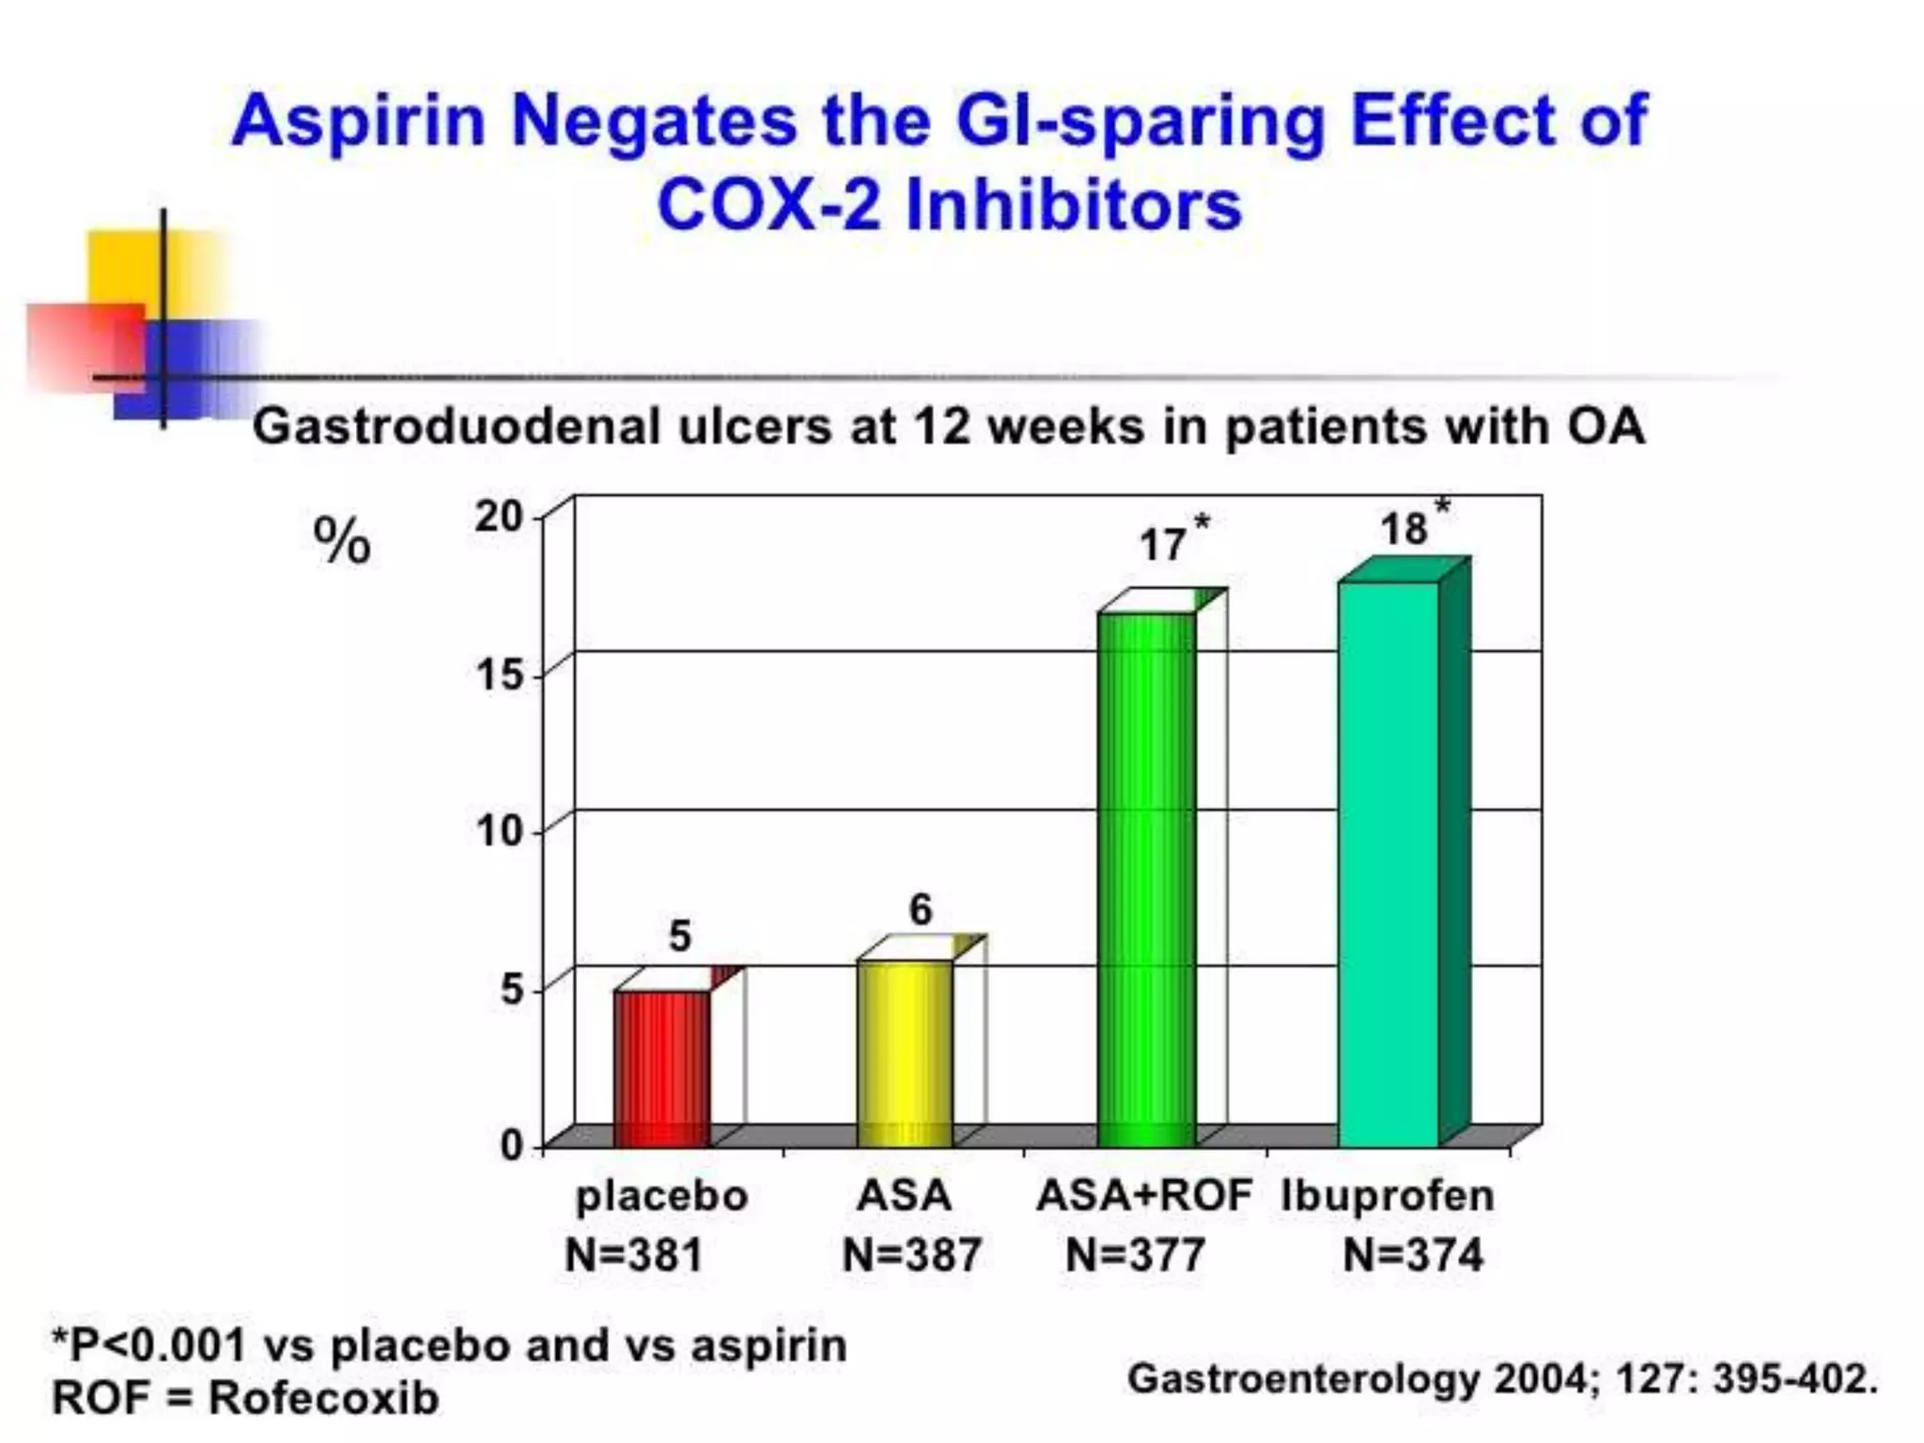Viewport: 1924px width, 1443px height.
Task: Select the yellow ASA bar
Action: [x=905, y=1052]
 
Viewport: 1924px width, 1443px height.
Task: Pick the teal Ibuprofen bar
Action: [x=1389, y=864]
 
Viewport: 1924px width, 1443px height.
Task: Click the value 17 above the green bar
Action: [x=1162, y=546]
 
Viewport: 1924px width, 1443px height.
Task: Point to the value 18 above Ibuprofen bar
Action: [x=1404, y=530]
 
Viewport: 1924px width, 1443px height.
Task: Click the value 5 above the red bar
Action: [x=679, y=937]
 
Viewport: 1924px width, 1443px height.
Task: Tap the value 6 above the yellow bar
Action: [x=921, y=909]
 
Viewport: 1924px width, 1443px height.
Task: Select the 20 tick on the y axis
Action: [x=499, y=517]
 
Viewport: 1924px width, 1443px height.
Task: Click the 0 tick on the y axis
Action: [x=512, y=1145]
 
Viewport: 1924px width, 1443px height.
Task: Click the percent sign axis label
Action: [x=342, y=542]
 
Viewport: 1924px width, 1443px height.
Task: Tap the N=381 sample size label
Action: [x=633, y=1255]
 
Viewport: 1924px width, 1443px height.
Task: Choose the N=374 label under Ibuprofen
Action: [x=1413, y=1255]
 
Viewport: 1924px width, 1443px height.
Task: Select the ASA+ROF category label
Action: [x=1143, y=1196]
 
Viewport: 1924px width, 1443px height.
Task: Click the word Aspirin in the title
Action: [x=358, y=122]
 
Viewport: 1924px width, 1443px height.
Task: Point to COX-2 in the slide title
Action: [x=768, y=206]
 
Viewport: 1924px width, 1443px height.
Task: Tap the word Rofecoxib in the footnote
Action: [x=323, y=1398]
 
